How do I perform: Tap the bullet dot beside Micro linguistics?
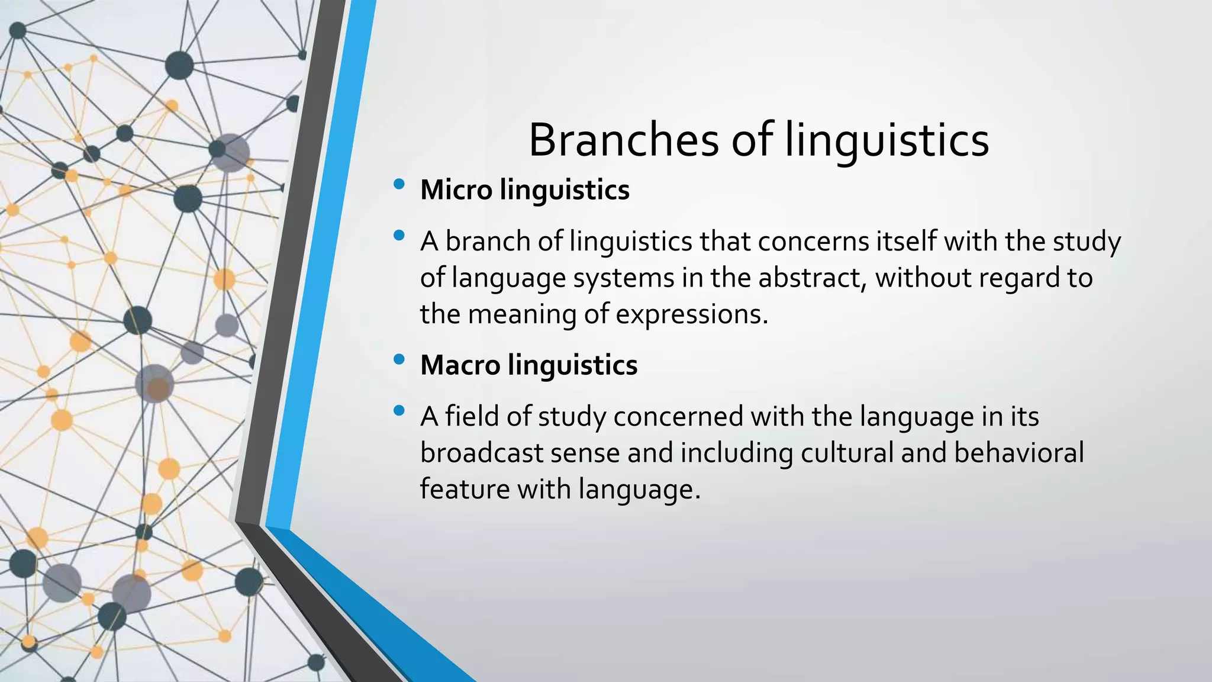pos(399,184)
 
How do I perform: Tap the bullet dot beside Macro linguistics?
pos(399,359)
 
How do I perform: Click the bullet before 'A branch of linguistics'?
pos(399,236)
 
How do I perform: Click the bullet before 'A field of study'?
pos(399,410)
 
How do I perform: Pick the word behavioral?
pos(1018,453)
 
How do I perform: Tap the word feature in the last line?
pos(465,490)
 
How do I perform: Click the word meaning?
pos(522,314)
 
